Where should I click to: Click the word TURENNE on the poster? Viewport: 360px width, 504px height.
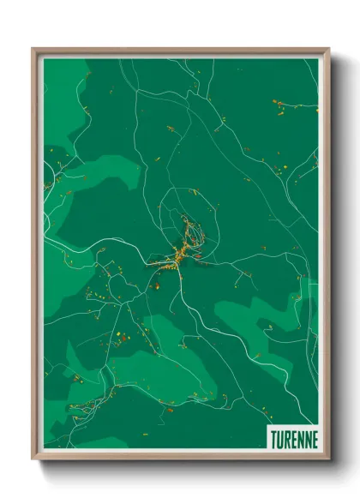[294, 439]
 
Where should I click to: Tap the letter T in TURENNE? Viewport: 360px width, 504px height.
[274, 439]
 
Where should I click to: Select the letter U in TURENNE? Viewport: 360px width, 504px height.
[281, 439]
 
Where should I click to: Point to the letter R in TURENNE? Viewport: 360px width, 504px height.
[288, 439]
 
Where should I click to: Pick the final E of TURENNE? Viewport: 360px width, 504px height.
[314, 439]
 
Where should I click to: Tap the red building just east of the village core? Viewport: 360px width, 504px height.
[198, 254]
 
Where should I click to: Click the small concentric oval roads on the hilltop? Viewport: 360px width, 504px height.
[192, 228]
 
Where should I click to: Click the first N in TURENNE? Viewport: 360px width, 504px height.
[300, 439]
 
